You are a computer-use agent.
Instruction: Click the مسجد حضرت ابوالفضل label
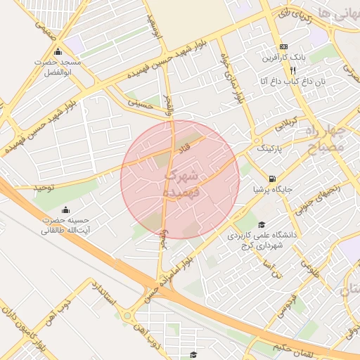(59, 67)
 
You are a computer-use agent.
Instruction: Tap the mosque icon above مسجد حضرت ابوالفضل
(58, 53)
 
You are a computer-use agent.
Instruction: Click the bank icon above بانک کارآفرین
(283, 44)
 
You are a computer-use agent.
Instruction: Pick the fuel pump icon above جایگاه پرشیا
(272, 178)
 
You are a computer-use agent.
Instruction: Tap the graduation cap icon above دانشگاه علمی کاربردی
(262, 224)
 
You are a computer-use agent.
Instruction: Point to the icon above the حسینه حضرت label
(65, 210)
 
